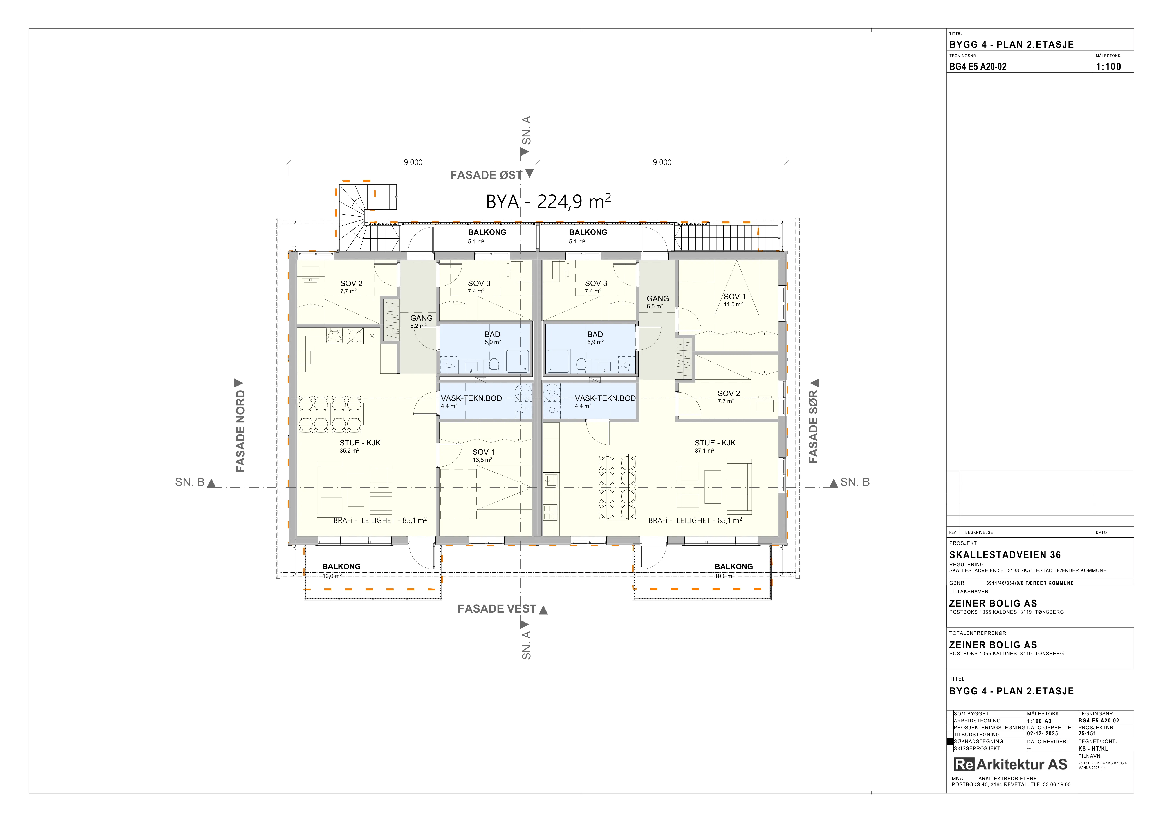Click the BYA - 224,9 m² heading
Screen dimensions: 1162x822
pos(548,201)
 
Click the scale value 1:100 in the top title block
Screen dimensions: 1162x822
pos(1108,66)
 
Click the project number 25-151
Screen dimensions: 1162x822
pos(1088,733)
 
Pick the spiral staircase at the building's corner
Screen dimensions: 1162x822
pos(368,217)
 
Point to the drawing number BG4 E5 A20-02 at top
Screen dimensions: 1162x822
pos(978,66)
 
